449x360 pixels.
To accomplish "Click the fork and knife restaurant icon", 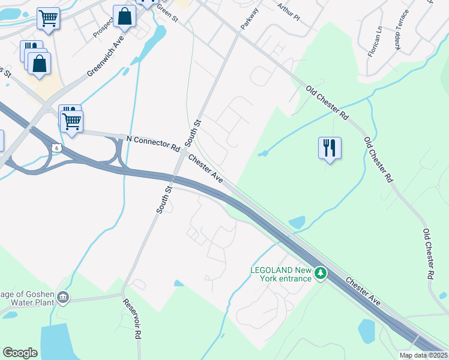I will click(330, 148).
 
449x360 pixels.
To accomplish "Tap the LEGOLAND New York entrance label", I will click(281, 274).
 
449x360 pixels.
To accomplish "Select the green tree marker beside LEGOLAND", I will click(321, 274).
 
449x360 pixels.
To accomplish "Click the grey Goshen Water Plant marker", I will click(64, 298).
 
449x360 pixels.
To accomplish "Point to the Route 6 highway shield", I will click(56, 147).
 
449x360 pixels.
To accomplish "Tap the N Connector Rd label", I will click(153, 143).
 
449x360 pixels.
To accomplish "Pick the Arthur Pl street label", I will click(289, 11).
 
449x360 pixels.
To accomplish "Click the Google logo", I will click(20, 352).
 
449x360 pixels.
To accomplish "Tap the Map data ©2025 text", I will click(423, 355).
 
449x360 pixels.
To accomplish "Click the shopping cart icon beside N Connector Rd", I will click(72, 121).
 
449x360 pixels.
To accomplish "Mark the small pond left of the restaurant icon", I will click(263, 154).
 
